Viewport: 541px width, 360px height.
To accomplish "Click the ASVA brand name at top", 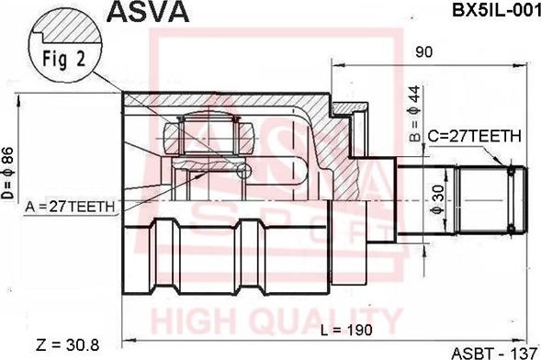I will click(x=150, y=12).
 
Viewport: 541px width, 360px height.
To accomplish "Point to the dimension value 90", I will click(x=423, y=52).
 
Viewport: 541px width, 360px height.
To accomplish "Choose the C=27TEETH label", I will click(x=475, y=136).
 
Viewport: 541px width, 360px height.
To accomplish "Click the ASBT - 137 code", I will click(x=495, y=351).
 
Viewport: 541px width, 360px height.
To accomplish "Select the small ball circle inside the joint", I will click(x=243, y=171).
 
